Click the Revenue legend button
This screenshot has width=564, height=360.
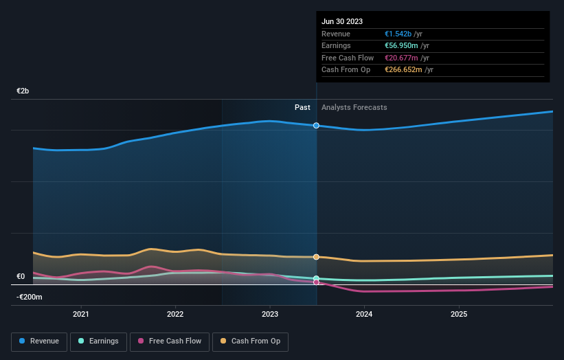(x=39, y=341)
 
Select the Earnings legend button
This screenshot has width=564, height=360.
(x=98, y=341)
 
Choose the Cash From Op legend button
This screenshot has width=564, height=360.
(x=250, y=341)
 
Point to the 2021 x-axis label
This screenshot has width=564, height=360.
(x=81, y=314)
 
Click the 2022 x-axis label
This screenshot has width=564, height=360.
(x=175, y=314)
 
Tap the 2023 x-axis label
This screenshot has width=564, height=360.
(x=270, y=314)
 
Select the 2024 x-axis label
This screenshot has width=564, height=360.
(x=364, y=314)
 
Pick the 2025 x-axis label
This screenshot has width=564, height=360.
(x=459, y=314)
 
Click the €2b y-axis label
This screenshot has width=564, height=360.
(x=23, y=91)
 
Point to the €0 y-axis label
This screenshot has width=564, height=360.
(x=21, y=276)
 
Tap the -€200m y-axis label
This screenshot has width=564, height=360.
(x=30, y=297)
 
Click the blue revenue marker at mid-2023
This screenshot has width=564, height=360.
(x=316, y=126)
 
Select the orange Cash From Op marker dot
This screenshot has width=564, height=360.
(x=316, y=257)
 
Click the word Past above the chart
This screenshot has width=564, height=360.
(x=302, y=107)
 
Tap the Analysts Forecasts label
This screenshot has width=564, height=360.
(x=354, y=107)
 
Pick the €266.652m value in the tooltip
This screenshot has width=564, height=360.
(x=404, y=69)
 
